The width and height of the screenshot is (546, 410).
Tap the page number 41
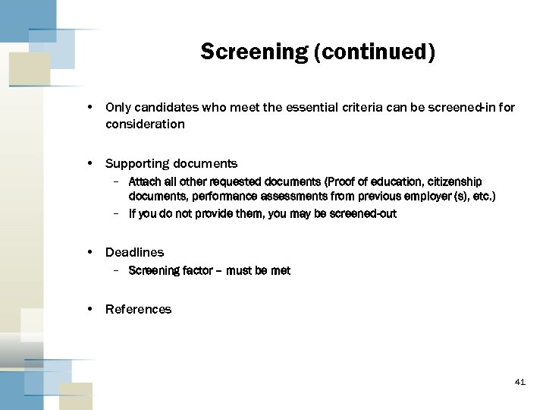(519, 382)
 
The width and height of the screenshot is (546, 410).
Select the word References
(138, 309)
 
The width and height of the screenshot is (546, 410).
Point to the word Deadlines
(134, 252)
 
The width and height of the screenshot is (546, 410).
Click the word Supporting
(137, 164)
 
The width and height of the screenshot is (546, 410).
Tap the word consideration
(145, 124)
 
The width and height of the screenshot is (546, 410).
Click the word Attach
(144, 182)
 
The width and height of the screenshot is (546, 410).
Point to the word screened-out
(362, 214)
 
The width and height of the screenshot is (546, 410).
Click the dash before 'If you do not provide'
(115, 214)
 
